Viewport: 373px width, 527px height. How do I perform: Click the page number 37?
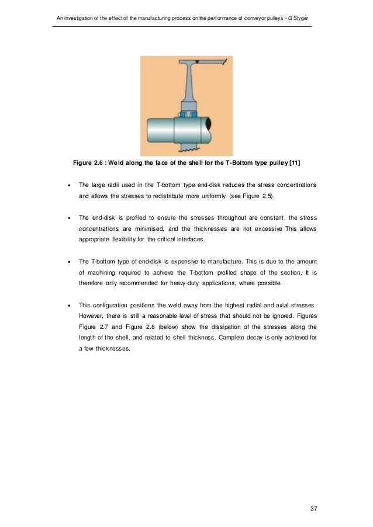coord(313,509)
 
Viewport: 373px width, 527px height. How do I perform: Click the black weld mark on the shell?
coord(199,61)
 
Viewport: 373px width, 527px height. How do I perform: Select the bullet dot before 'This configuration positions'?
coord(70,305)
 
